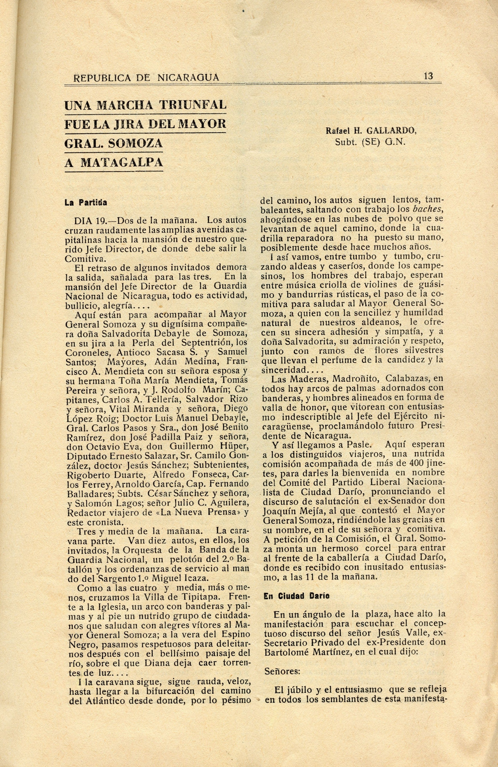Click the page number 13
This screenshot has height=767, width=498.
[x=428, y=76]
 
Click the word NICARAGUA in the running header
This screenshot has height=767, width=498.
[x=188, y=77]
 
